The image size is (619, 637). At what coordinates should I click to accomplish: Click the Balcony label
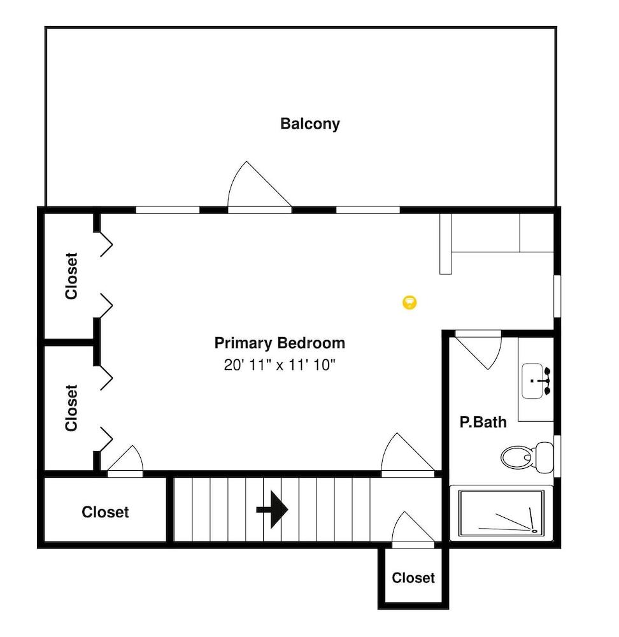pyautogui.click(x=310, y=124)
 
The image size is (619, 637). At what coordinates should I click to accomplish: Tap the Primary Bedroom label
pyautogui.click(x=280, y=343)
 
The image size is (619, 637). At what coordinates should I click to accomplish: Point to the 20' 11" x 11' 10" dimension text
pyautogui.click(x=280, y=365)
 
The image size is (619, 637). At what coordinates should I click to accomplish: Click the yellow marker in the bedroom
pyautogui.click(x=409, y=302)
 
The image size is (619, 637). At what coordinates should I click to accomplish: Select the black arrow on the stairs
pyautogui.click(x=272, y=509)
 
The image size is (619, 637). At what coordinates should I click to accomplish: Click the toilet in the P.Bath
pyautogui.click(x=527, y=457)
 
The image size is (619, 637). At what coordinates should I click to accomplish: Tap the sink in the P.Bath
pyautogui.click(x=536, y=381)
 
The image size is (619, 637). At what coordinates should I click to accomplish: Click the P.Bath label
pyautogui.click(x=483, y=422)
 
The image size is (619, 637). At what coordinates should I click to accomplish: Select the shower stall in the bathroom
pyautogui.click(x=501, y=513)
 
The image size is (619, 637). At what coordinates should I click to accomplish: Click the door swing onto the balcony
pyautogui.click(x=260, y=185)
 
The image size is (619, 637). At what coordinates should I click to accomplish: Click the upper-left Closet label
pyautogui.click(x=71, y=276)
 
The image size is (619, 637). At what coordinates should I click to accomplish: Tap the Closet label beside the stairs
pyautogui.click(x=105, y=512)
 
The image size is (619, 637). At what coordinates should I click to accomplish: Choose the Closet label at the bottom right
pyautogui.click(x=413, y=578)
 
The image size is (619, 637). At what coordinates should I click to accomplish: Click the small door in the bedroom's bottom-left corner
pyautogui.click(x=125, y=461)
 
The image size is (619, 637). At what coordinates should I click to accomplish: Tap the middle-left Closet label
pyautogui.click(x=71, y=408)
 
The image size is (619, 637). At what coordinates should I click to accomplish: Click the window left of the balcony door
pyautogui.click(x=167, y=210)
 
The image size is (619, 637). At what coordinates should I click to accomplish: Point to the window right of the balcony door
pyautogui.click(x=368, y=210)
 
